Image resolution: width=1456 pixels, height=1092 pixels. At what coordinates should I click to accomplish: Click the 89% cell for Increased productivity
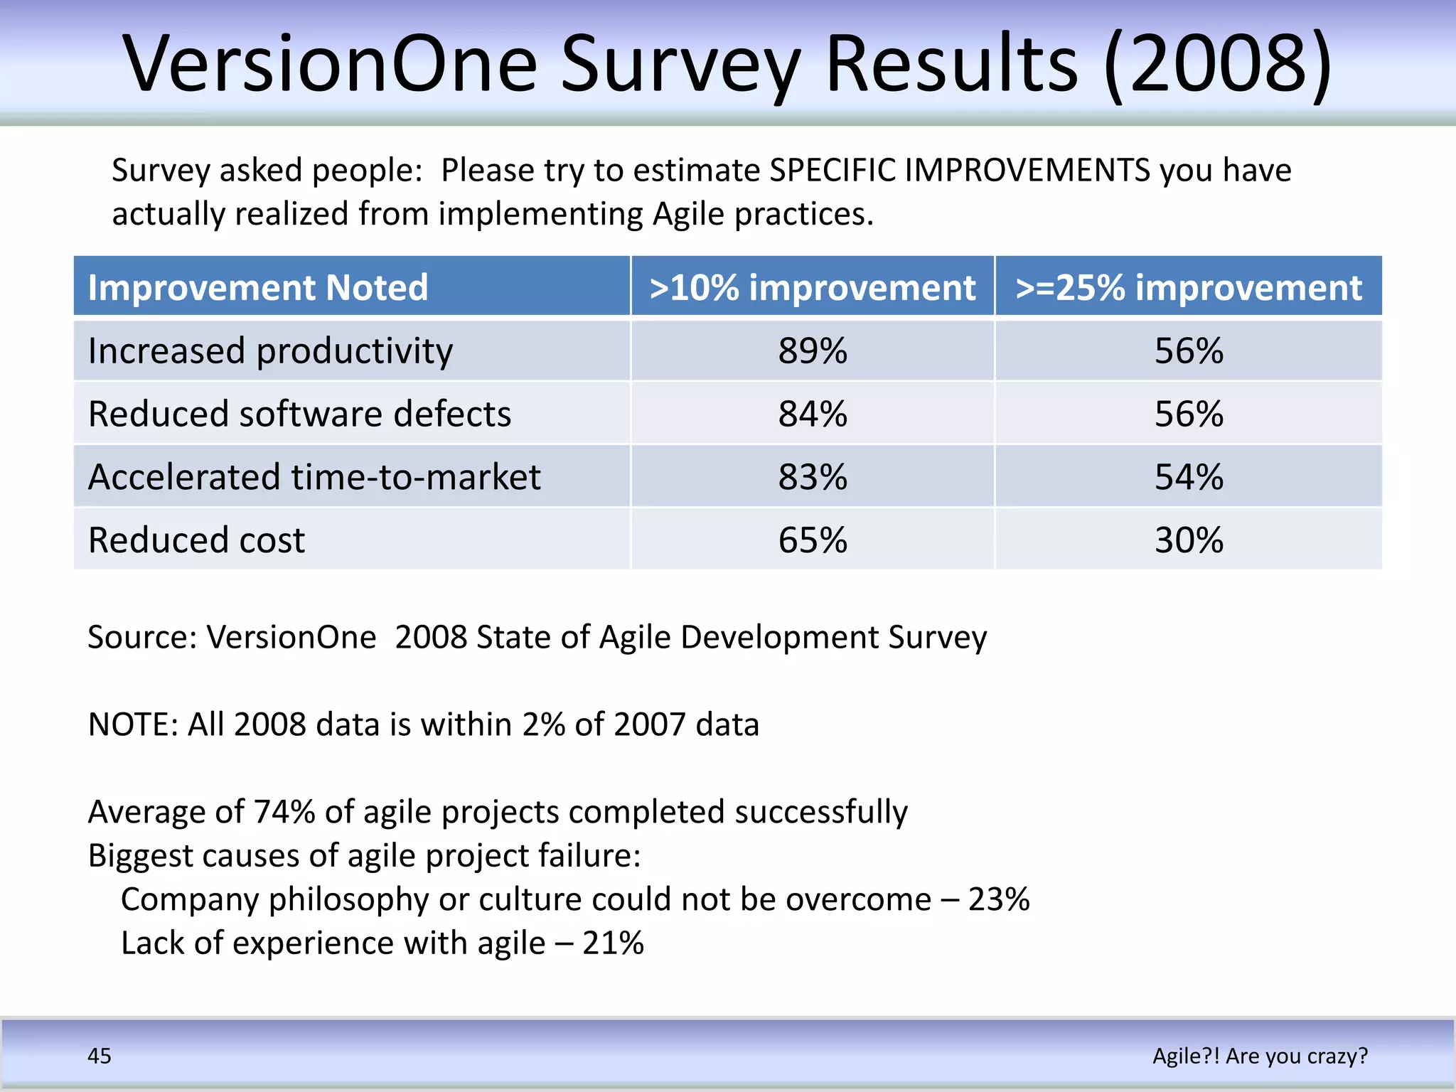813,350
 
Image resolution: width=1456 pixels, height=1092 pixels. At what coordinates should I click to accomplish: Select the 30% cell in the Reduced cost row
1189,540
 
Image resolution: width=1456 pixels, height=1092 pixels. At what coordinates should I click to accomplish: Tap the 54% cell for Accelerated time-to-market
1189,476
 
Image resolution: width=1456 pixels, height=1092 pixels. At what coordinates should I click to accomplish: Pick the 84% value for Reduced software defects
813,414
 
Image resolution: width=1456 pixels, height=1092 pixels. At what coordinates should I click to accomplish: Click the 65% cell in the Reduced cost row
813,540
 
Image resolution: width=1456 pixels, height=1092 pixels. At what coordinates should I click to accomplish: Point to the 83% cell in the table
813,476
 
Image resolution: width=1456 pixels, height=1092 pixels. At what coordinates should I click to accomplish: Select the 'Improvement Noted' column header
258,288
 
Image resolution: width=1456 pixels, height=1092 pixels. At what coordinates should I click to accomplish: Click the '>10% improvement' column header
813,288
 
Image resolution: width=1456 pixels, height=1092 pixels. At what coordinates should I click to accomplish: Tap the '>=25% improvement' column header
1189,288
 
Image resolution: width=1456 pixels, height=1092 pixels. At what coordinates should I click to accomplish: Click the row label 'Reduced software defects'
299,414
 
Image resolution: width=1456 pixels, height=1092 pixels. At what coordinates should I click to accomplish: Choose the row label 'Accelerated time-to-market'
314,476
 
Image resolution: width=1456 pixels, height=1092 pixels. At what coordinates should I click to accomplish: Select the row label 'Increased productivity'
270,350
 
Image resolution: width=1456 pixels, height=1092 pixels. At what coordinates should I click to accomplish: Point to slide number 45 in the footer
99,1056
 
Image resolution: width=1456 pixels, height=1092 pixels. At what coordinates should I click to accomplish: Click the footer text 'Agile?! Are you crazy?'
1260,1056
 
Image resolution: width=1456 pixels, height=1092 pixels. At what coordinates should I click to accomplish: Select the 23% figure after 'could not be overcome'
999,899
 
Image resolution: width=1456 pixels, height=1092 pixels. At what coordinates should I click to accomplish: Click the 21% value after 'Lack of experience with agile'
613,943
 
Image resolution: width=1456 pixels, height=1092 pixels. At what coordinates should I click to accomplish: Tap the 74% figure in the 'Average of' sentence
284,812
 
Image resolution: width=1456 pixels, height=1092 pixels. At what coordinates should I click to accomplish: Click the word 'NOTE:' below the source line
133,724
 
